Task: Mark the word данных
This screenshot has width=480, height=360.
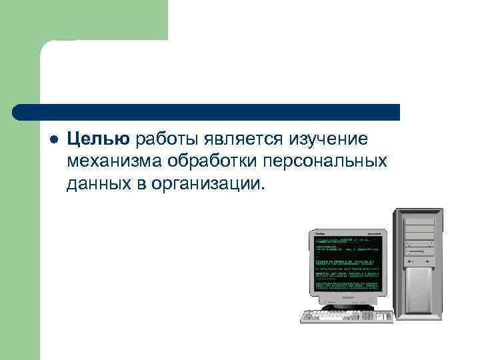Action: [x=96, y=183]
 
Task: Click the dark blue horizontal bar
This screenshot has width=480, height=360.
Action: [x=207, y=112]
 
